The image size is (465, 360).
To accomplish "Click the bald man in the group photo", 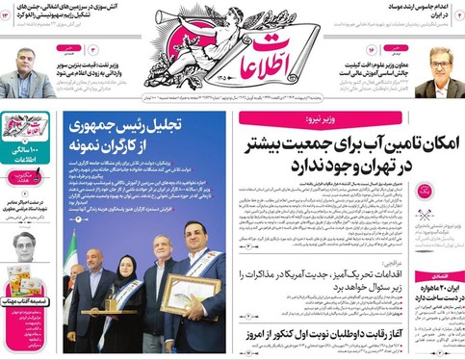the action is (98, 260).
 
